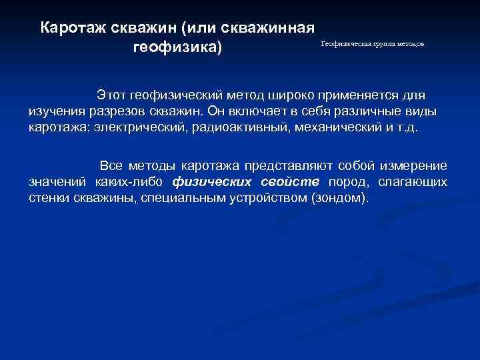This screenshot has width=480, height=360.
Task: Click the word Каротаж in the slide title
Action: pyautogui.click(x=70, y=28)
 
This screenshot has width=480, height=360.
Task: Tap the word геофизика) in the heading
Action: pyautogui.click(x=177, y=49)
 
